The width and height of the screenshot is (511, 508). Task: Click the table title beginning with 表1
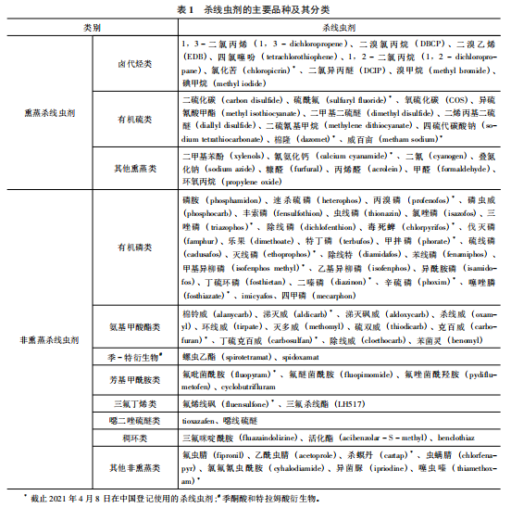click(x=255, y=9)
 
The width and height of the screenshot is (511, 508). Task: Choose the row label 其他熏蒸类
click(x=135, y=167)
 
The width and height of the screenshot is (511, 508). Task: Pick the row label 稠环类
click(x=135, y=436)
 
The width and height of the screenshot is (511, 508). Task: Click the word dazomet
click(x=300, y=139)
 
